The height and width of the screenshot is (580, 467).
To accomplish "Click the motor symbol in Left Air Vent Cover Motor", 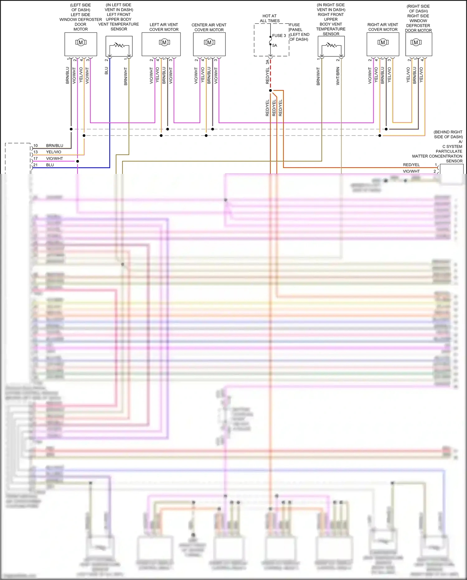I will [164, 42].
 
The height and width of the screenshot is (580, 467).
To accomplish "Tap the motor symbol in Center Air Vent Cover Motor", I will [209, 42].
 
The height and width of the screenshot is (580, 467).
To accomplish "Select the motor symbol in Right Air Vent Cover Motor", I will [383, 42].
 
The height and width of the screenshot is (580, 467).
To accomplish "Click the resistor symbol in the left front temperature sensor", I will [119, 46].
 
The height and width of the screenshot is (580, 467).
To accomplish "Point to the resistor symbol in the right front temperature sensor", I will [331, 46].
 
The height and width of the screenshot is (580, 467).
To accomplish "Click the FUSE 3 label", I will [279, 36].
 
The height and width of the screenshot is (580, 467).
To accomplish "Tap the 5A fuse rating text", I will [275, 46].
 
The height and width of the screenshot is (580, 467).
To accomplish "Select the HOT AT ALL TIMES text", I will [270, 18].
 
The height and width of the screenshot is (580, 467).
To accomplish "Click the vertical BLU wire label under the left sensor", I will [106, 71].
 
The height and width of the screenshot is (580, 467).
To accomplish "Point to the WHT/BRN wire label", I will [338, 76].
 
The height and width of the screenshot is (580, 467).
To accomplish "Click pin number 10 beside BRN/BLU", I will [35, 146].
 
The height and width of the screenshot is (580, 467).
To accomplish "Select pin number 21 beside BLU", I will [35, 165].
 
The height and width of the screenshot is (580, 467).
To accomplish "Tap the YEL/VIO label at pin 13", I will [54, 152].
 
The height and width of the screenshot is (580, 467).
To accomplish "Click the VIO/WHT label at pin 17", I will [54, 159].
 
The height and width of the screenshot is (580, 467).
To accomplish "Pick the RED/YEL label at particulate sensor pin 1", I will [411, 165].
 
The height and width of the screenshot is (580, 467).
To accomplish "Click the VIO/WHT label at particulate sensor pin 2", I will [411, 171].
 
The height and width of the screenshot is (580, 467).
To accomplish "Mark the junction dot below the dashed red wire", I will [271, 91].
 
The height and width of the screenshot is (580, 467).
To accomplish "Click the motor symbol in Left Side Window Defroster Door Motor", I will [81, 42].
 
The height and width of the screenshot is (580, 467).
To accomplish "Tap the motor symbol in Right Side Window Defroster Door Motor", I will [416, 42].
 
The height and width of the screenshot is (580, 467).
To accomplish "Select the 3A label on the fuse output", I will [267, 62].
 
